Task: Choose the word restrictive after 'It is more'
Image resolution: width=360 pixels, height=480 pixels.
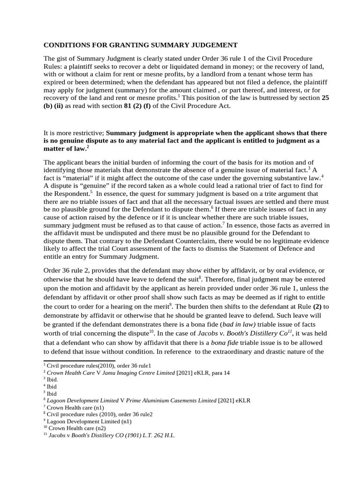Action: click(x=89, y=133)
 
